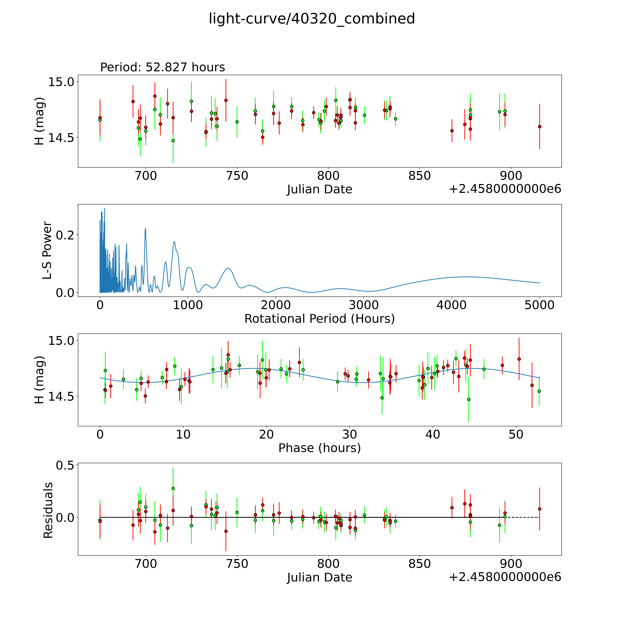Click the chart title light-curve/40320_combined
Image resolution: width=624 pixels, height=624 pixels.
[x=312, y=19]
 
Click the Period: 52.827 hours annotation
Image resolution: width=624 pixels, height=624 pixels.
[x=162, y=67]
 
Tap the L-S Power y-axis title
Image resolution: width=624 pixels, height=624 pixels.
[x=47, y=250]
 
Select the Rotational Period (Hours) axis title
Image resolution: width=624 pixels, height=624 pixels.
[x=319, y=319]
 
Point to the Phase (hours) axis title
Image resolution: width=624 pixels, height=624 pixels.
[x=319, y=448]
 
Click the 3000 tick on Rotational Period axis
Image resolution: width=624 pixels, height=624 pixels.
[x=364, y=305]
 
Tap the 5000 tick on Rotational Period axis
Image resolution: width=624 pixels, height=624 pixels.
[x=539, y=305]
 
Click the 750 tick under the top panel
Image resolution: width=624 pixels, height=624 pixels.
[x=237, y=176]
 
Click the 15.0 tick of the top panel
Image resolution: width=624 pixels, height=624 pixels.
[x=61, y=82]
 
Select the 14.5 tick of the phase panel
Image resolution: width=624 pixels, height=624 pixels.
[x=61, y=396]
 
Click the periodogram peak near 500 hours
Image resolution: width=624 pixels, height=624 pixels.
[x=145, y=229]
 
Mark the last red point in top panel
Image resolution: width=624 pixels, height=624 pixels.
[x=539, y=127]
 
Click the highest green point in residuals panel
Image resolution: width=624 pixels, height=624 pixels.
[x=173, y=488]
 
